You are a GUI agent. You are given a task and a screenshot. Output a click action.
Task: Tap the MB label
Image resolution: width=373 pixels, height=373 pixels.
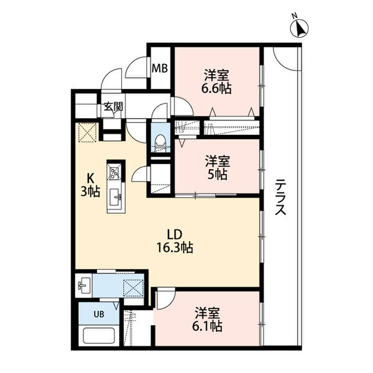pos(160,68)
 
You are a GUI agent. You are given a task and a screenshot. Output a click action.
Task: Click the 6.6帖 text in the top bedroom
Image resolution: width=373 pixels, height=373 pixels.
pos(216,88)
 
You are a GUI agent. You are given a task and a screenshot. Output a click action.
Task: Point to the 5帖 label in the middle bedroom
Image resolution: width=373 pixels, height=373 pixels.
pos(218,174)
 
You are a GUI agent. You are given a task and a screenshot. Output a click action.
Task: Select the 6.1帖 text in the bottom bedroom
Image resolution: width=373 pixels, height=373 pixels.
pos(207,326)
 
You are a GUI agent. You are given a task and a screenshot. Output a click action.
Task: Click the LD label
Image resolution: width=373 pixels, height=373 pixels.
pos(175,234)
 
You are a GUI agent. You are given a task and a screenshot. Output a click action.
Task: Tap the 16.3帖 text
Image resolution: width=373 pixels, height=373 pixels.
pos(175,247)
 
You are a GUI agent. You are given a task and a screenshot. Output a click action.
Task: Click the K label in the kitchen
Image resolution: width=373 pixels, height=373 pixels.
pos(90,178)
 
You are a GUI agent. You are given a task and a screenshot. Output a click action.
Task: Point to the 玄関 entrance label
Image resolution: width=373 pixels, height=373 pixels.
pos(114,107)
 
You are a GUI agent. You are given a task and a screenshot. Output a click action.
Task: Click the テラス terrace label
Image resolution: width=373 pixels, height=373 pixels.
pos(280,197)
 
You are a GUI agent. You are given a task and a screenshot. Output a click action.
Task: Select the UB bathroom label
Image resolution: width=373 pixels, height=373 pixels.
pos(99,314)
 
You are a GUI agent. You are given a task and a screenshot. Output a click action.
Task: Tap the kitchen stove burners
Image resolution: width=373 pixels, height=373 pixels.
pos(114,172)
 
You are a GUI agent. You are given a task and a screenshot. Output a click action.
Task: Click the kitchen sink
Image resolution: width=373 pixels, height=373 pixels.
pos(115,197)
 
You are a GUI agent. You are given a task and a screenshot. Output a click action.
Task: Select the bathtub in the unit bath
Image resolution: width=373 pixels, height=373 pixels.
pos(98,336)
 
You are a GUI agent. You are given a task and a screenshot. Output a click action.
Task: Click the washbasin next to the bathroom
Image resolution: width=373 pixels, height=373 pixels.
pos(83,286)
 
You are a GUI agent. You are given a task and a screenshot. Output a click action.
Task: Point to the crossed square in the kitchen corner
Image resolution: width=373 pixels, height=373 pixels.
pos(87,132)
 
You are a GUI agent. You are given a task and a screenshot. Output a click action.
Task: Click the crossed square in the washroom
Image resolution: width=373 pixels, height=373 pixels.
pos(133,288)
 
